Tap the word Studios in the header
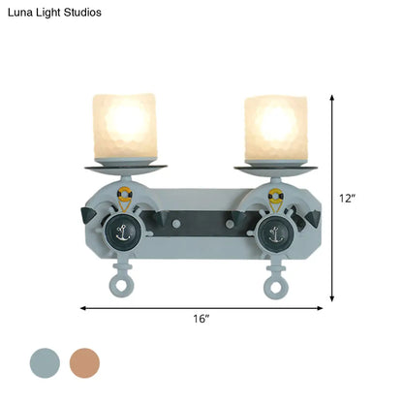(x=82, y=13)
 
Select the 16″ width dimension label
(x=201, y=319)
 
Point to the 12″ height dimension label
(x=347, y=199)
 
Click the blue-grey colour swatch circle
(x=45, y=363)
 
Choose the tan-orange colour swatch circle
(x=84, y=363)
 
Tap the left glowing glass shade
(x=125, y=127)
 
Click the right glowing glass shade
(x=276, y=128)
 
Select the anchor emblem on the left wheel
(x=123, y=233)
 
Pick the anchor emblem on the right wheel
(x=275, y=234)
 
